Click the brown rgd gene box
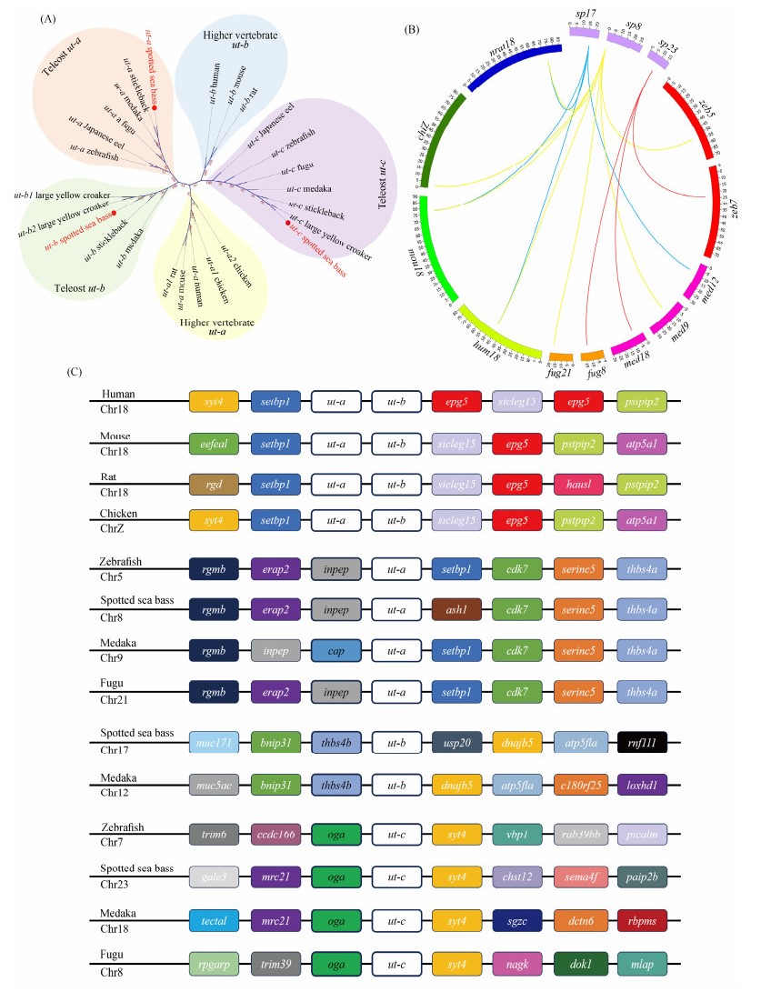[x=213, y=487]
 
